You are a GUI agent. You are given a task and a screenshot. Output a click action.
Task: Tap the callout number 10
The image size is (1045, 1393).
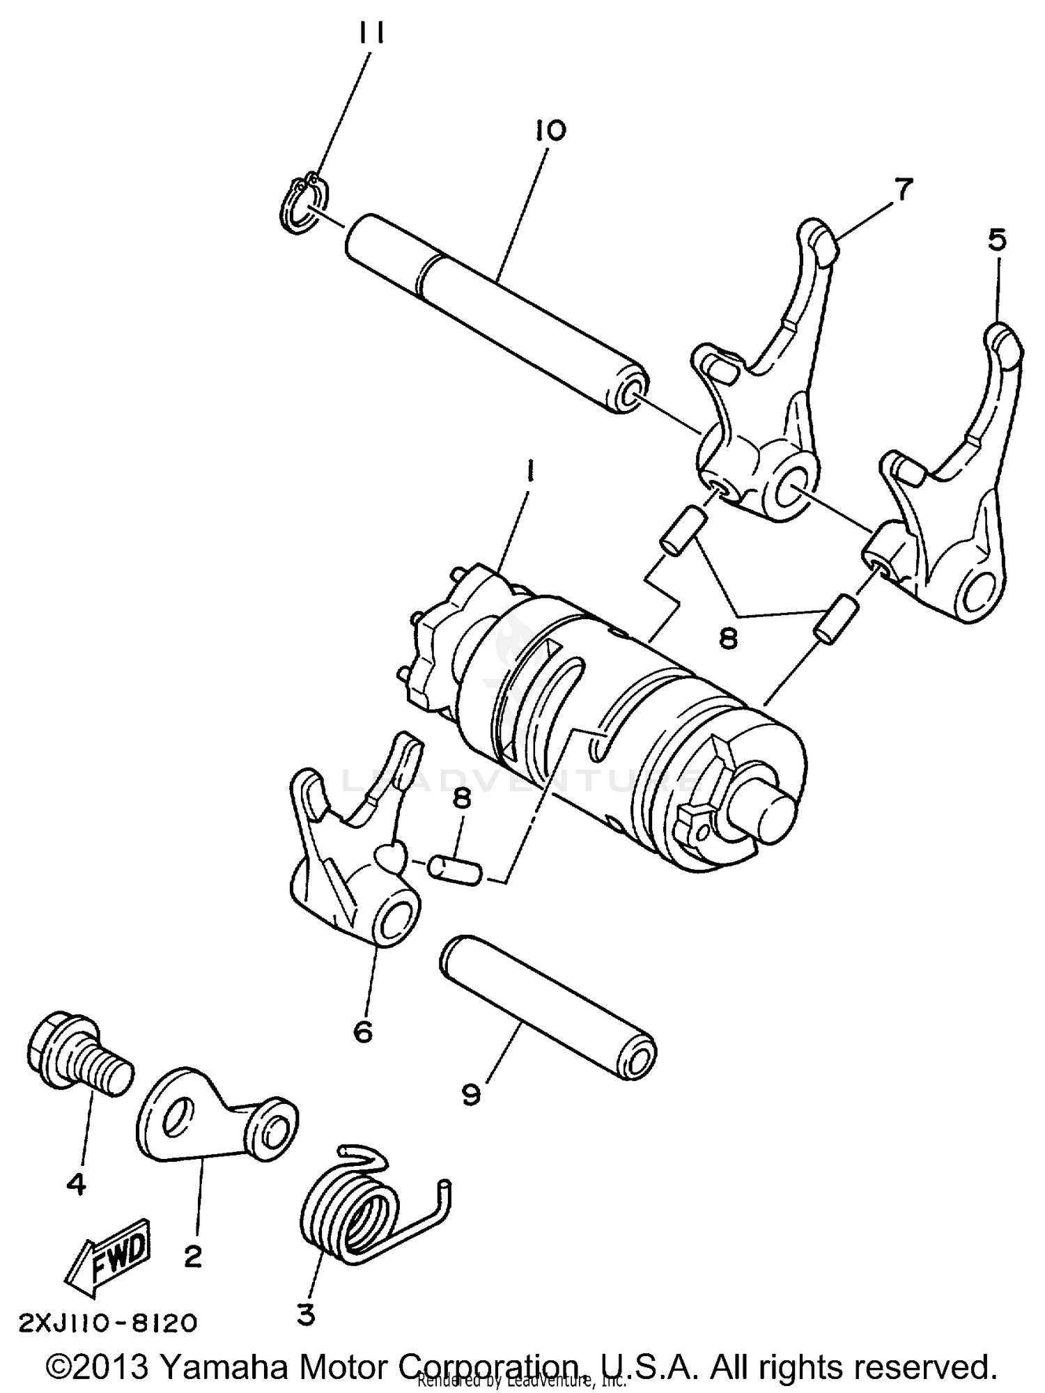(x=550, y=130)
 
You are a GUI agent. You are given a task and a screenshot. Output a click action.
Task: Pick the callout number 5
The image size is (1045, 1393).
(x=997, y=240)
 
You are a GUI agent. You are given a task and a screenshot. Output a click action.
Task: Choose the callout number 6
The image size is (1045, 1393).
(x=363, y=1031)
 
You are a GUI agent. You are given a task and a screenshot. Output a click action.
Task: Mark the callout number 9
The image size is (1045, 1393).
(x=471, y=1094)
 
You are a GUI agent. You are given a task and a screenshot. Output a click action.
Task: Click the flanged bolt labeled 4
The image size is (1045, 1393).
(x=77, y=1055)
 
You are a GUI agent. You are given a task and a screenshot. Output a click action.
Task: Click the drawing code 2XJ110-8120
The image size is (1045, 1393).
(x=108, y=1322)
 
